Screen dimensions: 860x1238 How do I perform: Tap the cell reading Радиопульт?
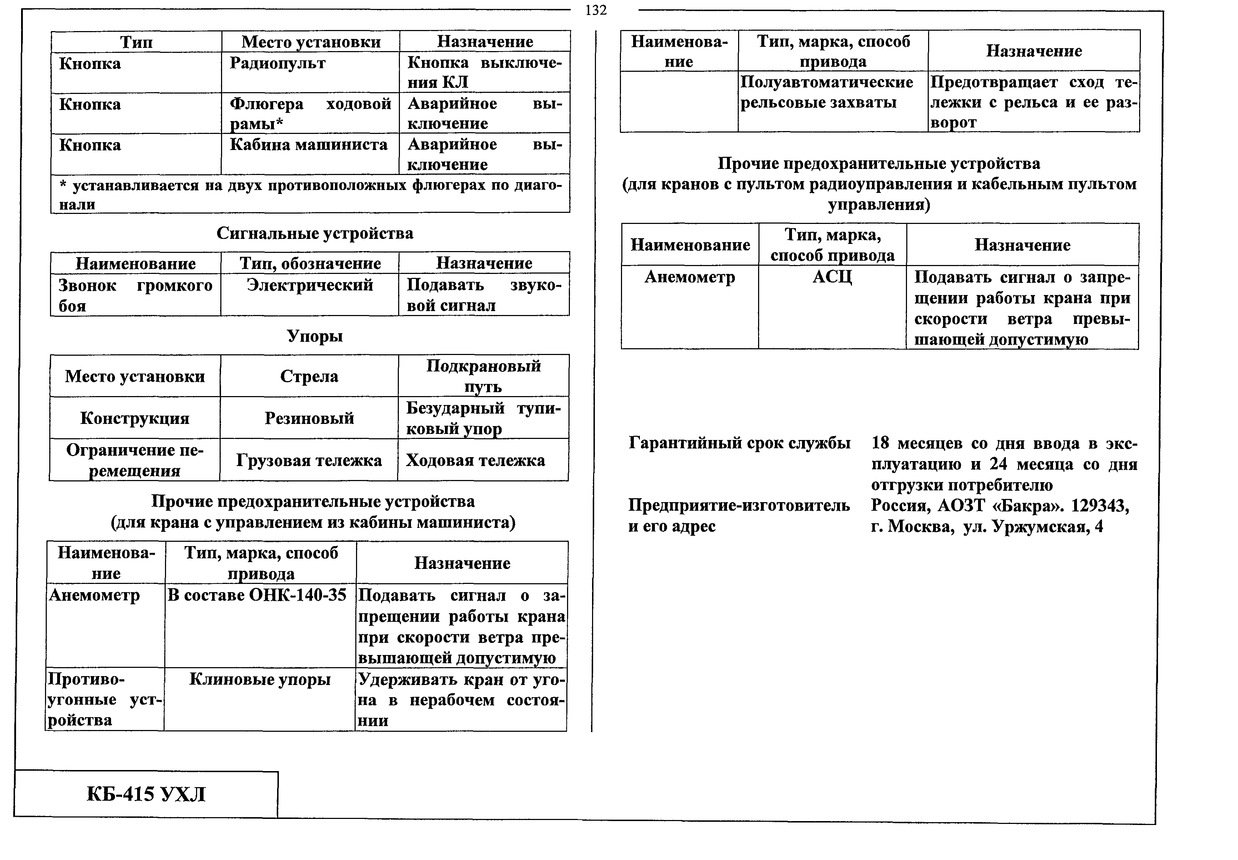(277, 64)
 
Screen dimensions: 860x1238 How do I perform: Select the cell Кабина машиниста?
(309, 145)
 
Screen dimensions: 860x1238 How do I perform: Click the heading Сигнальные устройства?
(315, 233)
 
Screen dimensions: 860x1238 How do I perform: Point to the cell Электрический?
(310, 285)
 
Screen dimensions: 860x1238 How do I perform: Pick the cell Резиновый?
(309, 418)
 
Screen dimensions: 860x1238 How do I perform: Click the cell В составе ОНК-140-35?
(257, 595)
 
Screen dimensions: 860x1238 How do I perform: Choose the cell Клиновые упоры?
(260, 680)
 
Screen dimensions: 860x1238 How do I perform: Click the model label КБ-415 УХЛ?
(146, 794)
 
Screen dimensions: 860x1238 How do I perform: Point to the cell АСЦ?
(832, 277)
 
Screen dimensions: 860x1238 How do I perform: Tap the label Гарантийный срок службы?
(740, 443)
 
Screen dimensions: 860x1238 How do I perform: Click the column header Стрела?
(309, 376)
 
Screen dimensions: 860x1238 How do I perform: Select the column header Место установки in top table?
(311, 41)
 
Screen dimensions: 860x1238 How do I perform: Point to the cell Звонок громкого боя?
(135, 295)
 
